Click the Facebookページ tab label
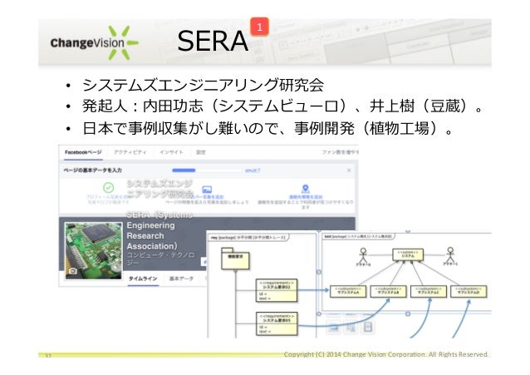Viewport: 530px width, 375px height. pos(81,154)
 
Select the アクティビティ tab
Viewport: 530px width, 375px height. pos(130,154)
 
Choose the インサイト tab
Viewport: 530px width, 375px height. pos(172,154)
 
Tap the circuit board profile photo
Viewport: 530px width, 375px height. pos(91,248)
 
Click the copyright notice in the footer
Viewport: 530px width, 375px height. pos(385,355)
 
